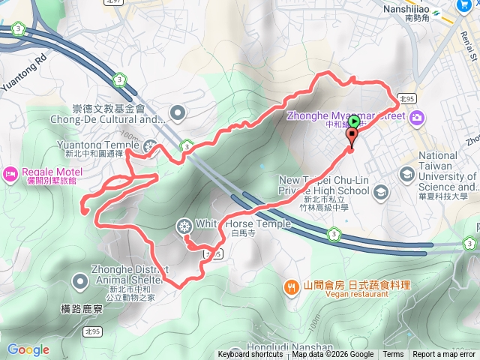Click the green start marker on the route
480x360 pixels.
[x=354, y=121]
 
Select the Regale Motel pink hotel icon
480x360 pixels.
[x=10, y=174]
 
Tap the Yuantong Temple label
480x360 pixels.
[x=98, y=145]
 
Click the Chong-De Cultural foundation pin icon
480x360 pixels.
[x=178, y=113]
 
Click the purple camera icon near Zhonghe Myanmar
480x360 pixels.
[x=416, y=116]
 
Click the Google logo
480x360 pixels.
[x=28, y=349]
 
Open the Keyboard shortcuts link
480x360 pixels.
[x=250, y=355]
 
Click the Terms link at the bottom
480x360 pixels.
[x=393, y=355]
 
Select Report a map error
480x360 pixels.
[x=444, y=355]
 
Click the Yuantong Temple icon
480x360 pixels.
[x=151, y=146]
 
